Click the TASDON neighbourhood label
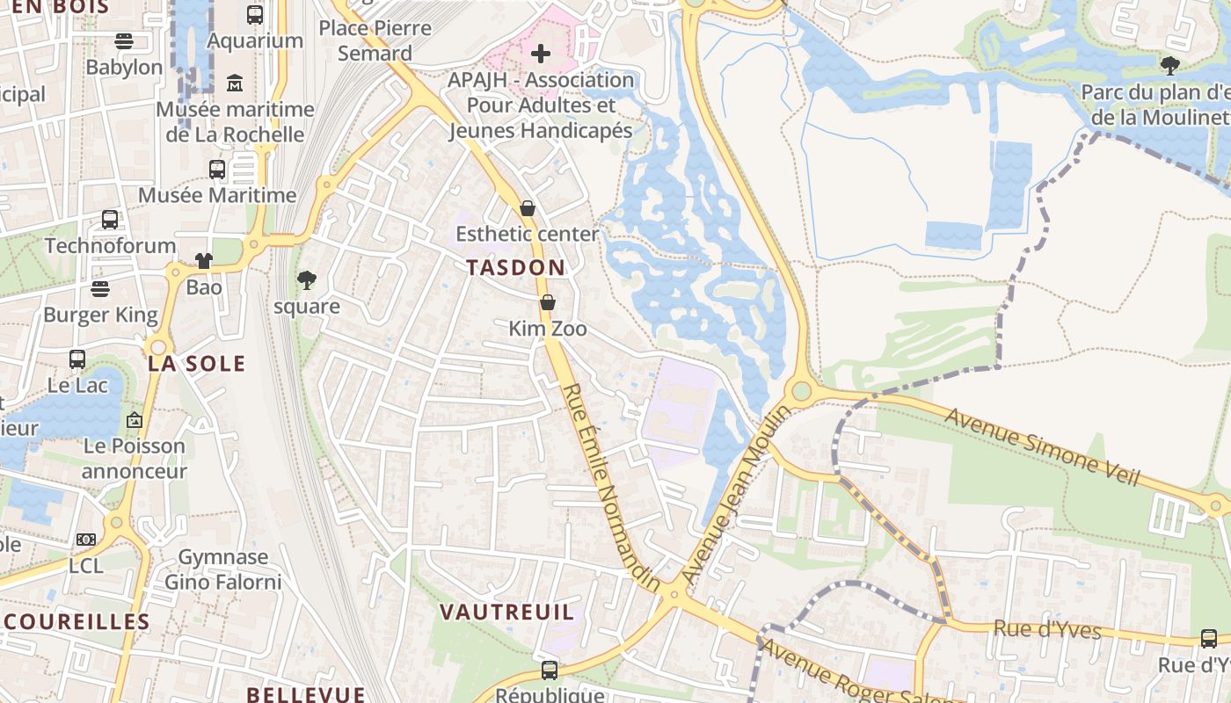coord(516,267)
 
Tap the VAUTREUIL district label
coord(506,612)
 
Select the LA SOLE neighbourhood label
coord(196,364)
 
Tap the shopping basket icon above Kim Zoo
coord(548,303)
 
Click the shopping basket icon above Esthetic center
coord(528,208)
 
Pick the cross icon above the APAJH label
coord(541,54)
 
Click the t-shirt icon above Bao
coord(204,261)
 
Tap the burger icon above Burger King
coord(100,289)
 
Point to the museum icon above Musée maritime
coord(235,83)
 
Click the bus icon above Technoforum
coord(110,220)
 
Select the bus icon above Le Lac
coord(77,359)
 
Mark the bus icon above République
coord(550,670)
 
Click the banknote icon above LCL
coord(86,540)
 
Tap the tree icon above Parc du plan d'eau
coord(1169,65)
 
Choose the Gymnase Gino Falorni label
coord(223,569)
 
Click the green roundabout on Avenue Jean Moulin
coord(801,390)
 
